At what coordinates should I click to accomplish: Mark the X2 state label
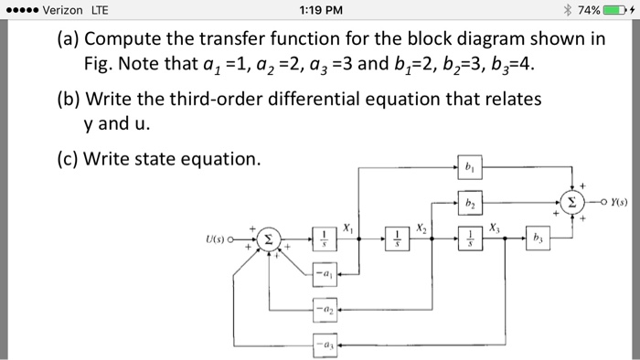[x=421, y=226]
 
